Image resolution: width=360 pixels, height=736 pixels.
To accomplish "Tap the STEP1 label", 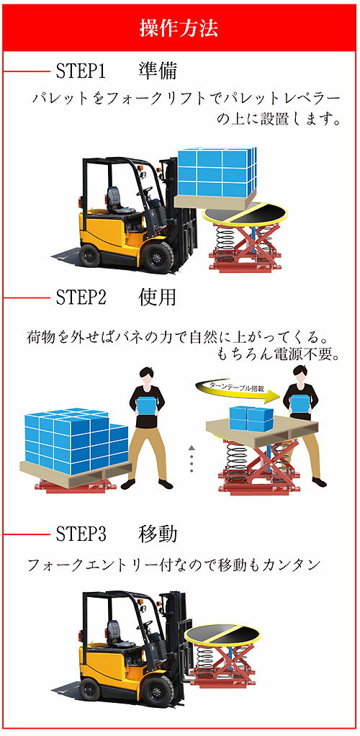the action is [80, 71].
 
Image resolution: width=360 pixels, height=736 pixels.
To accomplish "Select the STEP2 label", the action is [80, 297].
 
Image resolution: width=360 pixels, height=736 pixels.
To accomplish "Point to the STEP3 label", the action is [80, 534].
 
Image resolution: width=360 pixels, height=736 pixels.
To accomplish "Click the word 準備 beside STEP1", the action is [158, 71].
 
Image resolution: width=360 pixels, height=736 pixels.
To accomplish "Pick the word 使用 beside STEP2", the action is [158, 297].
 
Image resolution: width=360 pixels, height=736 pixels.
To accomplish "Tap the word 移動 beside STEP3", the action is [158, 534].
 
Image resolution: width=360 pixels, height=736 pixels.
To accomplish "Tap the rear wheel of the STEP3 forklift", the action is [89, 689].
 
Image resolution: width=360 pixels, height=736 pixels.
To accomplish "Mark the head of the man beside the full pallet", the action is [148, 377].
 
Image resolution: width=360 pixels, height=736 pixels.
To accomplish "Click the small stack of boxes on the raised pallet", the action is [251, 418].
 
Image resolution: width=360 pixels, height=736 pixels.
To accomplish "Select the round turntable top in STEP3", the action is [222, 634].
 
